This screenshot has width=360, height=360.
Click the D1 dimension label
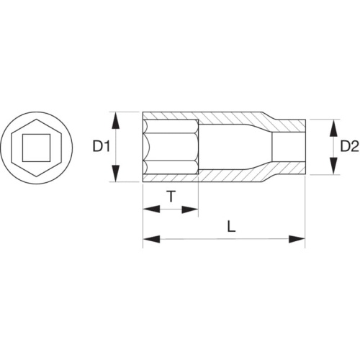[x=102, y=147]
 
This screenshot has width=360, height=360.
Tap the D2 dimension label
[x=349, y=147]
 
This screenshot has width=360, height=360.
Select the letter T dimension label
[x=171, y=196]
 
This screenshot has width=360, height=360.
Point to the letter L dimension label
[x=231, y=227]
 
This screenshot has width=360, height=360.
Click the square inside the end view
[x=36, y=148]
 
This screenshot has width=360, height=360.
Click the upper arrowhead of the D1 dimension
[x=116, y=121]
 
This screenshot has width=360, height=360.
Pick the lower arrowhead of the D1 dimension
[x=116, y=173]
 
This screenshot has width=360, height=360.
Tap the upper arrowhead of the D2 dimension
[x=333, y=128]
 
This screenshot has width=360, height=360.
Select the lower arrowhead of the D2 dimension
[x=333, y=166]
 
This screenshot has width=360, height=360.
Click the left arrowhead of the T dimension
[x=151, y=209]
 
